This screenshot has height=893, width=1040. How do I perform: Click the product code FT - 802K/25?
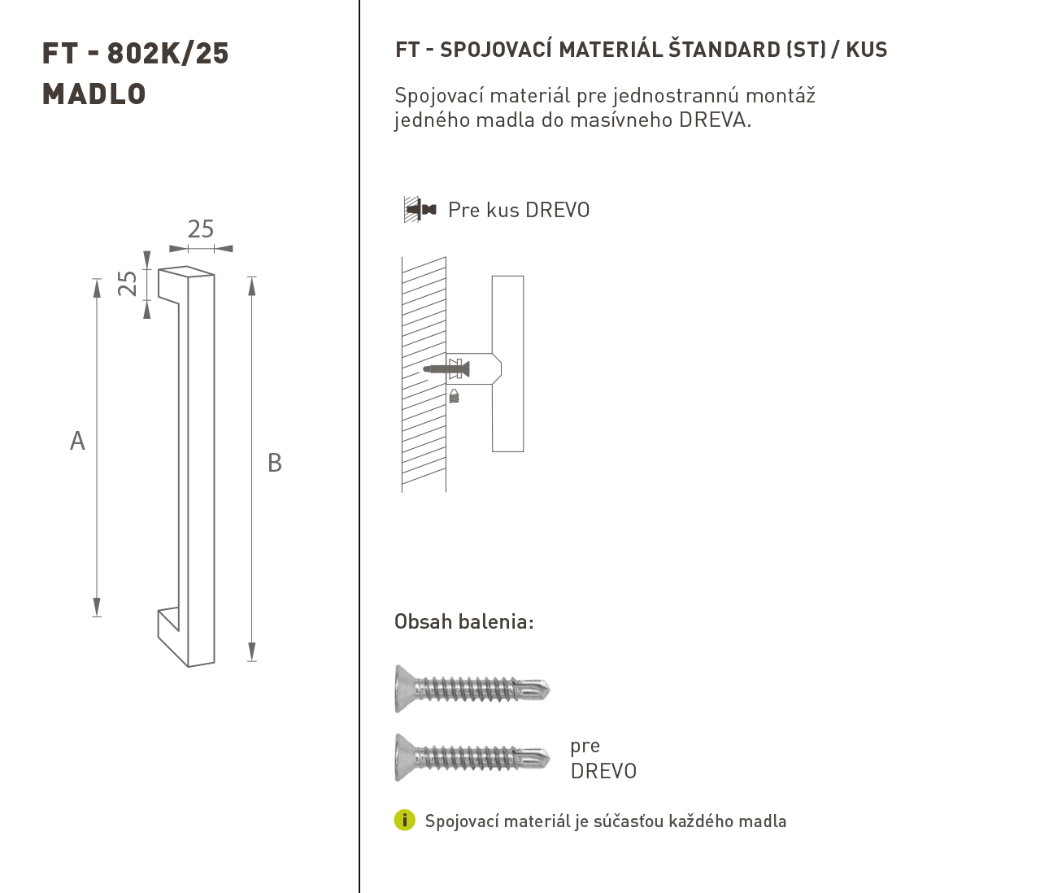[x=135, y=54]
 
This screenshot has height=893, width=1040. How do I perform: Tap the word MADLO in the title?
[x=94, y=94]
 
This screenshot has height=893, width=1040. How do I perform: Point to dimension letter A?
[x=77, y=441]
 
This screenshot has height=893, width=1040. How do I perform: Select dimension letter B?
[x=275, y=463]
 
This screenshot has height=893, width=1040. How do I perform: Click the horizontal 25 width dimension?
[x=201, y=229]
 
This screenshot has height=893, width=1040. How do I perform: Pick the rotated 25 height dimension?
[x=128, y=283]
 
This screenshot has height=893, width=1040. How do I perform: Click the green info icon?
[x=404, y=820]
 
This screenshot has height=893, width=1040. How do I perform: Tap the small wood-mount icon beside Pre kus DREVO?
[x=420, y=209]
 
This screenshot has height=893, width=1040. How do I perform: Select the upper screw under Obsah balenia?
[x=472, y=689]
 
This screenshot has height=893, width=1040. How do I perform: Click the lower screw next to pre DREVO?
[x=472, y=758]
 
